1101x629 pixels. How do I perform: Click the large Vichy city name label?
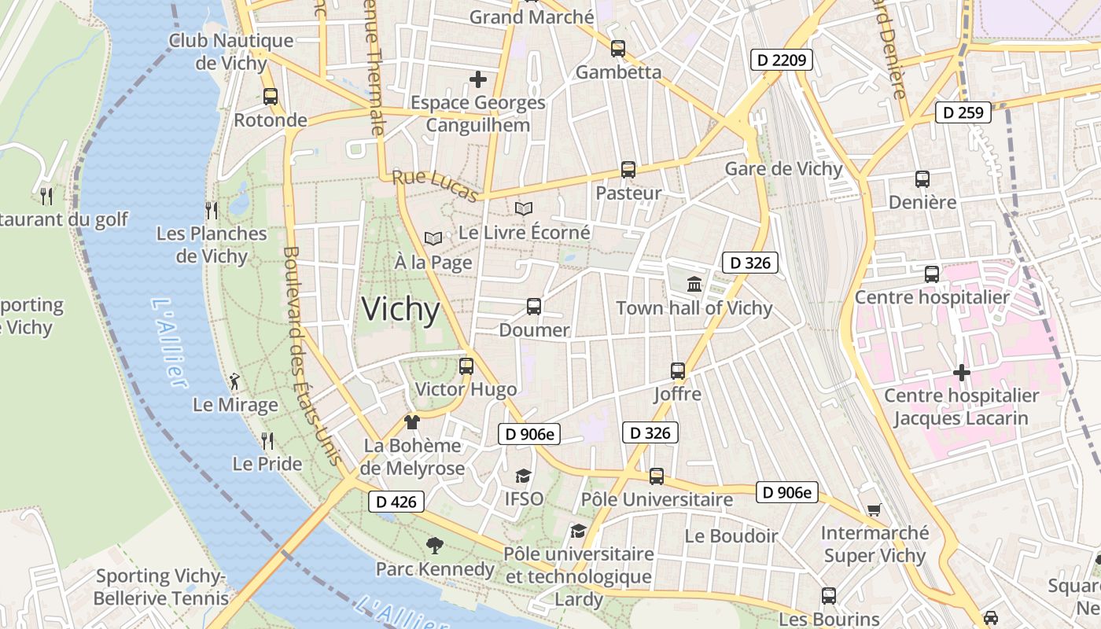[400, 309]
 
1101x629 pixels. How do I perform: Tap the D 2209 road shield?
[780, 59]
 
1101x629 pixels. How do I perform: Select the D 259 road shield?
[963, 112]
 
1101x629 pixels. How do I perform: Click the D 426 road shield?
[396, 501]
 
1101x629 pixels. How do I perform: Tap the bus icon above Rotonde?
[271, 97]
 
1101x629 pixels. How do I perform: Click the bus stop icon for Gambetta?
[618, 49]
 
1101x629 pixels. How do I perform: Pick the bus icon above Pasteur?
[628, 169]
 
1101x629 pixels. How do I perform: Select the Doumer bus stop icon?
[534, 307]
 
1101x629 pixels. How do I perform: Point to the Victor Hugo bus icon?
[466, 366]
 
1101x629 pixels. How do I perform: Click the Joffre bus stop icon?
[677, 370]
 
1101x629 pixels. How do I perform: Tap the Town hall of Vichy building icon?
[694, 285]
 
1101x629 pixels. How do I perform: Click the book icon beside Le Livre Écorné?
[524, 209]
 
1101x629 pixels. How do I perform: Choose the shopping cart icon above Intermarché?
[874, 510]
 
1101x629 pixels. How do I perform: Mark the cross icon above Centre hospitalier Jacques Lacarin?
[961, 373]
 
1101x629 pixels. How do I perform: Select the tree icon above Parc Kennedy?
[434, 545]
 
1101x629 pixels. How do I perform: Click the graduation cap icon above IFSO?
[523, 476]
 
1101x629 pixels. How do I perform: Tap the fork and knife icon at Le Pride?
[267, 440]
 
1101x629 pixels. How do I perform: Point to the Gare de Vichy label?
[783, 169]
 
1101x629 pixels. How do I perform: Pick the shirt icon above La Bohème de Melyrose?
[411, 422]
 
